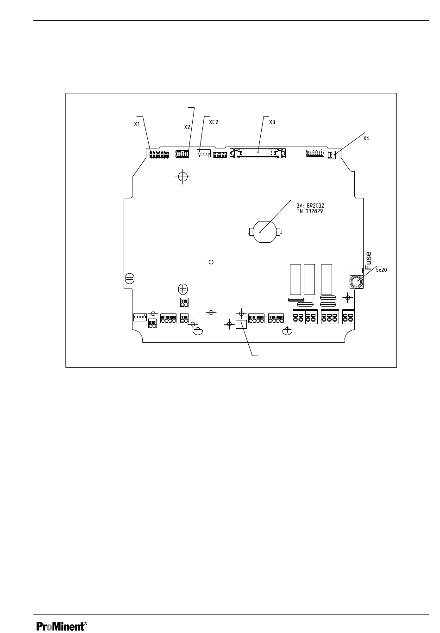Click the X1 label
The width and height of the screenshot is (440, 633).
(137, 124)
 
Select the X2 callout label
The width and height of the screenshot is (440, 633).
(187, 126)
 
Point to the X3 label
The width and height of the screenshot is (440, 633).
(272, 123)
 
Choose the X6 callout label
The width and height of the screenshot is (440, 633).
(366, 138)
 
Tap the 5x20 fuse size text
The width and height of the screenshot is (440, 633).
(381, 270)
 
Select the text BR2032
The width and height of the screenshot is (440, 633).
(317, 203)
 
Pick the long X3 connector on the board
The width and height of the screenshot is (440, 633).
(258, 152)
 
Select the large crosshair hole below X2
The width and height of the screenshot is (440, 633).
(183, 177)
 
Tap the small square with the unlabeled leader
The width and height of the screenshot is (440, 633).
(241, 325)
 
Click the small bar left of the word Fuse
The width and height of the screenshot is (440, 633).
(352, 270)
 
